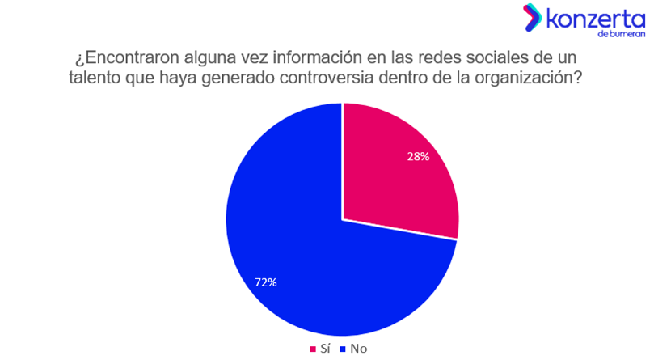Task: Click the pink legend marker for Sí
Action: click(x=313, y=349)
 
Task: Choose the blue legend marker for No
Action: click(x=343, y=349)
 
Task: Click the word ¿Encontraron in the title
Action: click(x=120, y=60)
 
